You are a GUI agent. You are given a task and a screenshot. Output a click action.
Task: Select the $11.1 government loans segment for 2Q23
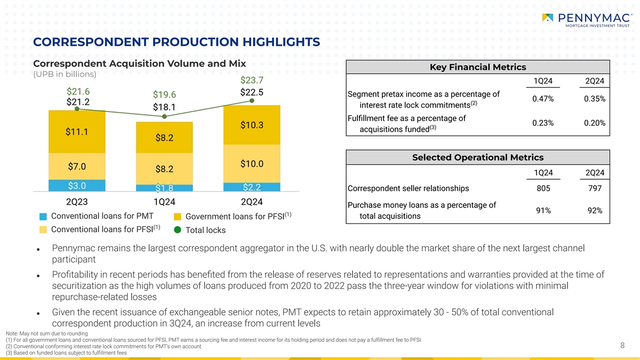(77, 132)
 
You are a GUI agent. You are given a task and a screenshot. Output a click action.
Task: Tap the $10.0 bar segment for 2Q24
(252, 163)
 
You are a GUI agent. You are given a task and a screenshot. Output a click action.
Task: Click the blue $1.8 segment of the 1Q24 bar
(164, 187)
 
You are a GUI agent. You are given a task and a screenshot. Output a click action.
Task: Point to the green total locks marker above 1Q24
(165, 116)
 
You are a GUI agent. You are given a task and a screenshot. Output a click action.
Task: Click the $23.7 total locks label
(252, 81)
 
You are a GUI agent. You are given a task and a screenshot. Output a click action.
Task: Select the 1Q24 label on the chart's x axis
(164, 202)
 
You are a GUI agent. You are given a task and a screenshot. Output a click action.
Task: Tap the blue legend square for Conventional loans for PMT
(43, 217)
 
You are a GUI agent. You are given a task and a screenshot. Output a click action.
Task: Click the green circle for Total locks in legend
(178, 230)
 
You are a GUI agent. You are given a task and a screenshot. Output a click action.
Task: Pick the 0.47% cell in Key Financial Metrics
(543, 99)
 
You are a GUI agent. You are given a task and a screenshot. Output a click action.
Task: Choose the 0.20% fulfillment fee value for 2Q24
(594, 123)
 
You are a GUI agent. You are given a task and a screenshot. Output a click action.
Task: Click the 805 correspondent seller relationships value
(543, 188)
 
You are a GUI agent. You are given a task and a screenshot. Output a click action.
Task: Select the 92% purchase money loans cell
(594, 211)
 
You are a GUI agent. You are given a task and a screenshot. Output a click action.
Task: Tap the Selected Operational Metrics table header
(478, 157)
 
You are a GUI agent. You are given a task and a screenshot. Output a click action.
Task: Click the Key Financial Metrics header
(478, 67)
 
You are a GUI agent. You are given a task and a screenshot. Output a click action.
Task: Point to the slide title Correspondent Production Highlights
(177, 42)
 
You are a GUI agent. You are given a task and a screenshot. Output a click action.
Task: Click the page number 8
(622, 346)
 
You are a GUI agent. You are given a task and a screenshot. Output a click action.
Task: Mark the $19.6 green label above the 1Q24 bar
(164, 95)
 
